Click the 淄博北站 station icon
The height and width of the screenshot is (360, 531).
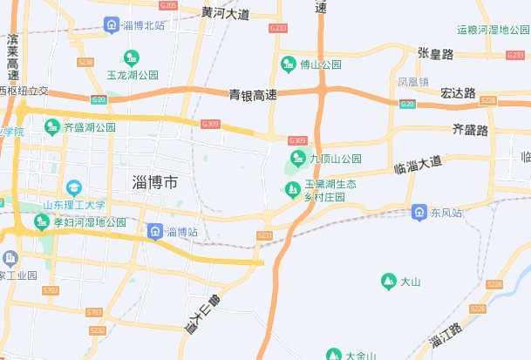(111, 24)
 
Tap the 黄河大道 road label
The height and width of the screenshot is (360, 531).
(225, 14)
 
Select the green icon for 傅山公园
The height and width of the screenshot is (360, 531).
(289, 64)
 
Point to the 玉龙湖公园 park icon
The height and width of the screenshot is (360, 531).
(132, 59)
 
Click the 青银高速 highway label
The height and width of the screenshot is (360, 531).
(253, 94)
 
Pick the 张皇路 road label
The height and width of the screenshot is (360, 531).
(436, 54)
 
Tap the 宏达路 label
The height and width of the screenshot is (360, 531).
(458, 92)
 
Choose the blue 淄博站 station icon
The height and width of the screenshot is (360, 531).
(154, 231)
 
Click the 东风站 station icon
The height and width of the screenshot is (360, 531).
(419, 213)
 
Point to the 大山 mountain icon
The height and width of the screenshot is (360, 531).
(388, 281)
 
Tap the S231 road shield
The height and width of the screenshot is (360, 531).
(265, 236)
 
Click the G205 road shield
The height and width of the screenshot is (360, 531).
(169, 6)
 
